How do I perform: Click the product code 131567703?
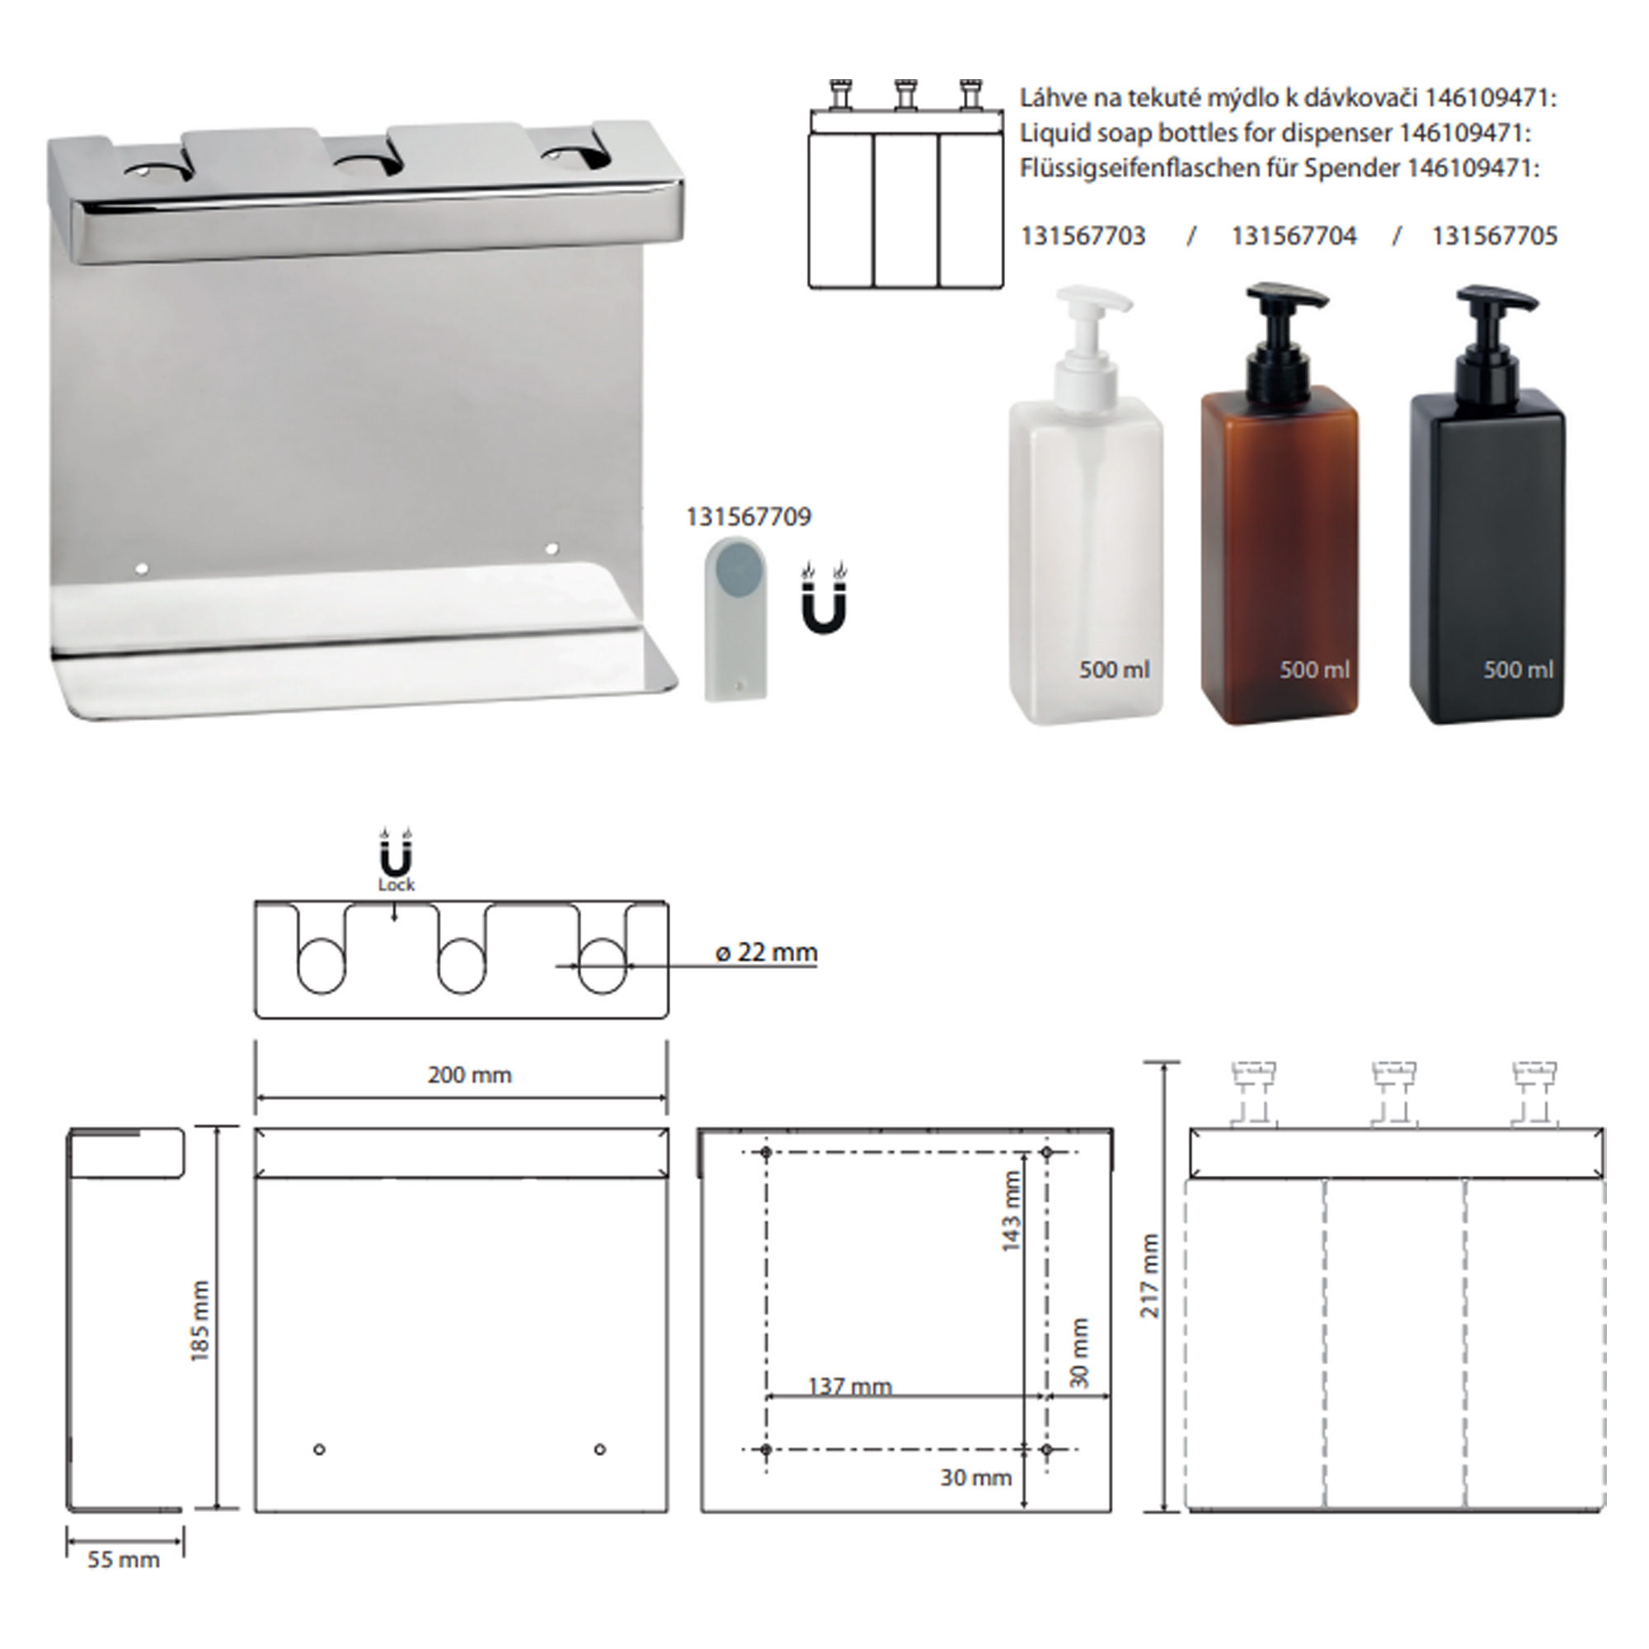(x=1083, y=237)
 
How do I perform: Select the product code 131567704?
(x=1293, y=237)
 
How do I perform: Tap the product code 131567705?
(x=1495, y=237)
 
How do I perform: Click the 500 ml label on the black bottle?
(x=1518, y=670)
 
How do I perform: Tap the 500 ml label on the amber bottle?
(x=1314, y=670)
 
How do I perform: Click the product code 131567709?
(x=749, y=517)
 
